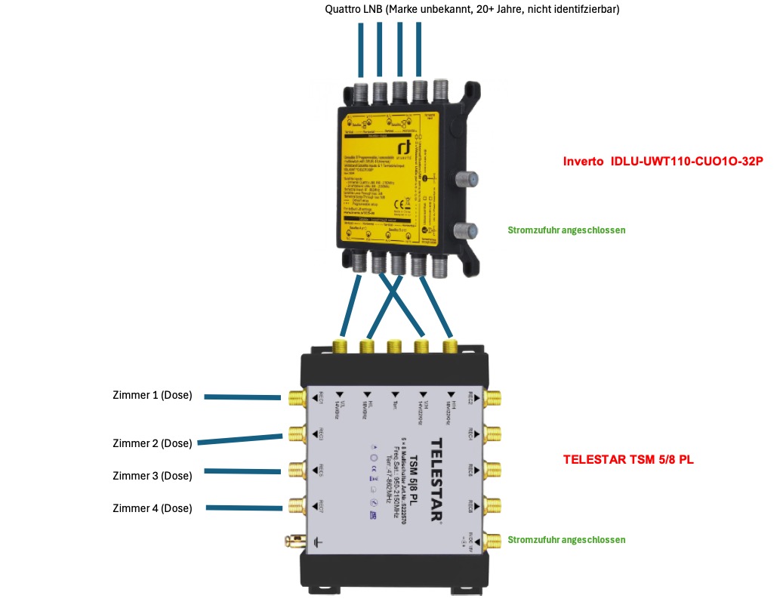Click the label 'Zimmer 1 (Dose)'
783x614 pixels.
152,395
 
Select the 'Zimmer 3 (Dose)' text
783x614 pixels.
152,476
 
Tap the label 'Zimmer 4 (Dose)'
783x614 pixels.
152,508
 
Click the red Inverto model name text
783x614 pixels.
663,162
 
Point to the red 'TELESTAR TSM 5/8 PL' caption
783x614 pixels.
628,458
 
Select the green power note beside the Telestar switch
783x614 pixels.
566,539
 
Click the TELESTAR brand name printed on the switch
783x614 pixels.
436,480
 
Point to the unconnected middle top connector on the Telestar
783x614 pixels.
394,347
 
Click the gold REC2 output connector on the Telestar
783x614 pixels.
494,399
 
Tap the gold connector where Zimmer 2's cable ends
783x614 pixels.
294,434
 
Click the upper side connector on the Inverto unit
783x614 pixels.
466,180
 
